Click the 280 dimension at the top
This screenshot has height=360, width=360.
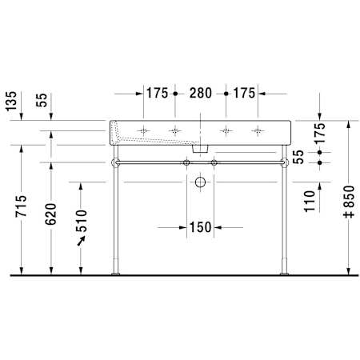201,93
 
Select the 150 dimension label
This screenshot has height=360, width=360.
200,227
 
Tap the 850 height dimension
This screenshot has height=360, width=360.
350,202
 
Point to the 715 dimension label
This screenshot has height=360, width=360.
21,206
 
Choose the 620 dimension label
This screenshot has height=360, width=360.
50,214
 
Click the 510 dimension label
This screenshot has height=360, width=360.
82,221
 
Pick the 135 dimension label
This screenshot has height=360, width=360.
11,101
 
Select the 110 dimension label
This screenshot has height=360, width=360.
310,202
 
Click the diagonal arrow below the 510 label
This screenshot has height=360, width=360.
81,241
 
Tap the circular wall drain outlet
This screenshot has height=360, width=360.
200,182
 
